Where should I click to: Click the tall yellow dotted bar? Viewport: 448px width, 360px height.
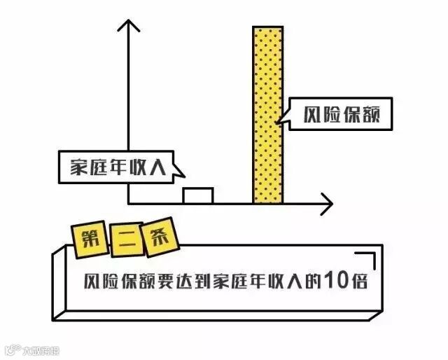pyautogui.click(x=268, y=116)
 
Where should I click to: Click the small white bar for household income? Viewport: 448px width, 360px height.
pyautogui.click(x=197, y=196)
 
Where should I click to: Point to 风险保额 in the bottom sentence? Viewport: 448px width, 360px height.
pyautogui.click(x=114, y=282)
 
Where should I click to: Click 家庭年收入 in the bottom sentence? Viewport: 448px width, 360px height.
pyautogui.click(x=262, y=281)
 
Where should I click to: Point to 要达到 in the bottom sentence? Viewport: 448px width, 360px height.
pyautogui.click(x=182, y=282)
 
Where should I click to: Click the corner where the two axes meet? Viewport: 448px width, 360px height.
pyautogui.click(x=128, y=204)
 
